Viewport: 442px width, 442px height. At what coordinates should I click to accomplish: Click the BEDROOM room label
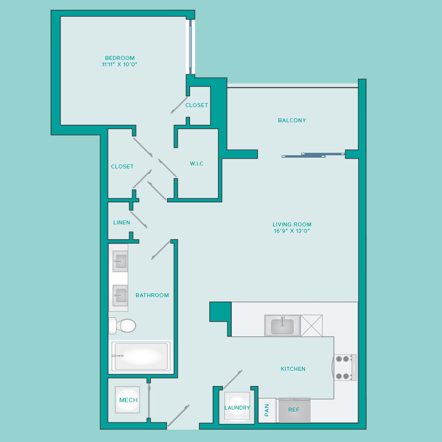click(x=120, y=58)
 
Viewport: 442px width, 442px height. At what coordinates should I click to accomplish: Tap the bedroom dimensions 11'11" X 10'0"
click(x=119, y=64)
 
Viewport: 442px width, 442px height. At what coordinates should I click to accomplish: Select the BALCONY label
click(x=292, y=120)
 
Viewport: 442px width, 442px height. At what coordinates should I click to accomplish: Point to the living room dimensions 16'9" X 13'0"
click(x=292, y=231)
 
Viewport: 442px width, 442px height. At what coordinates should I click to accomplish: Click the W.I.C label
click(x=196, y=164)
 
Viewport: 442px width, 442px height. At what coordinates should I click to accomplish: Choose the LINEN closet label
click(x=122, y=222)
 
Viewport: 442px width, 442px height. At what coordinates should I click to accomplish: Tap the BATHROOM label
click(x=152, y=295)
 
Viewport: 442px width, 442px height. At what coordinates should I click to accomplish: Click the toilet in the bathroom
click(x=123, y=326)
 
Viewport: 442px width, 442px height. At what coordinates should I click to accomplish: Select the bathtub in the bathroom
click(x=141, y=357)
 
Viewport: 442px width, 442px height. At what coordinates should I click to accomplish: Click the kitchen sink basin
click(x=282, y=326)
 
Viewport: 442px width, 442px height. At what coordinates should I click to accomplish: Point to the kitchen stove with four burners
click(x=345, y=367)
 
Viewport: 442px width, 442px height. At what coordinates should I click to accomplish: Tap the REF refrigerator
click(x=294, y=410)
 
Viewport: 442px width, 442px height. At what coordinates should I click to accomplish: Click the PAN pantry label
click(x=267, y=410)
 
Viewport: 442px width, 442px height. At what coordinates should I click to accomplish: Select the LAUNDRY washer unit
click(x=237, y=406)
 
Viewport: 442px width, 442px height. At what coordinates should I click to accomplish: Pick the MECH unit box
click(x=127, y=400)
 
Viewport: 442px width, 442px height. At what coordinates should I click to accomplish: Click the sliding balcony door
click(x=313, y=155)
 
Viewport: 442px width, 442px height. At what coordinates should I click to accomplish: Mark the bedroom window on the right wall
click(x=191, y=47)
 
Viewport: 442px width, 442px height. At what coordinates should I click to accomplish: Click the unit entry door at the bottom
click(x=178, y=416)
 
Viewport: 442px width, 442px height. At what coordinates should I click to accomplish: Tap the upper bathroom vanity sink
click(x=120, y=261)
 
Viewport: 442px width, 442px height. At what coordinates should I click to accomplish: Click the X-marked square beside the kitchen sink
click(x=311, y=326)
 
